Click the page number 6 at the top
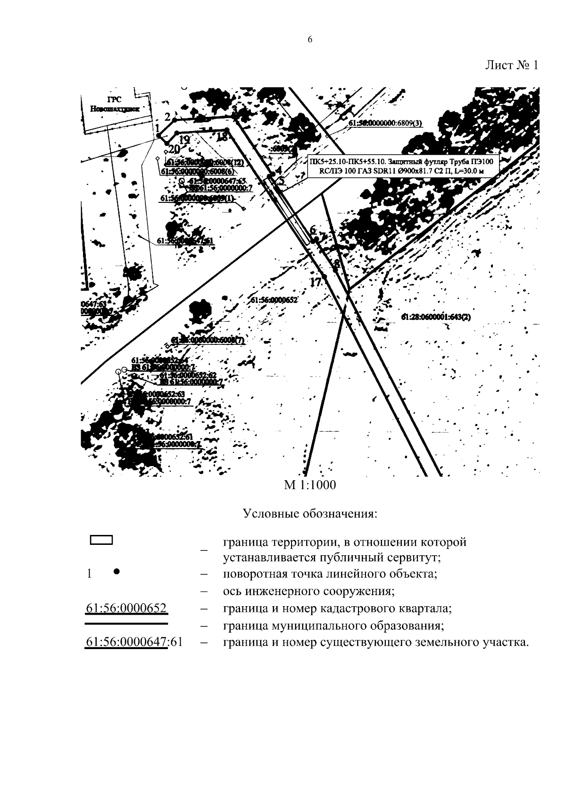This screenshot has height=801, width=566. (x=309, y=40)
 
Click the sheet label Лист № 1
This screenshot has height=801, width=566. (x=511, y=65)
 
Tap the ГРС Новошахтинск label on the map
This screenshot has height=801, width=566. (x=113, y=104)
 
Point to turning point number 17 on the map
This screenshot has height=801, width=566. (x=315, y=282)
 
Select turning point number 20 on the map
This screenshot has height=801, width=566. (x=174, y=149)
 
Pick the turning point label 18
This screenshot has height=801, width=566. (x=222, y=137)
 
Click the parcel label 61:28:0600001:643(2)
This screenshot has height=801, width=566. (x=436, y=317)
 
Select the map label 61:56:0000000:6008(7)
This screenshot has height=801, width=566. (x=208, y=340)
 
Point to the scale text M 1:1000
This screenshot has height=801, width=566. (x=309, y=485)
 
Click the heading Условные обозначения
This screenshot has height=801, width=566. (x=310, y=513)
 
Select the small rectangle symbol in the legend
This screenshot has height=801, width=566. (x=101, y=541)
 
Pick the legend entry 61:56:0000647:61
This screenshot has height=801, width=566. (x=133, y=642)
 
